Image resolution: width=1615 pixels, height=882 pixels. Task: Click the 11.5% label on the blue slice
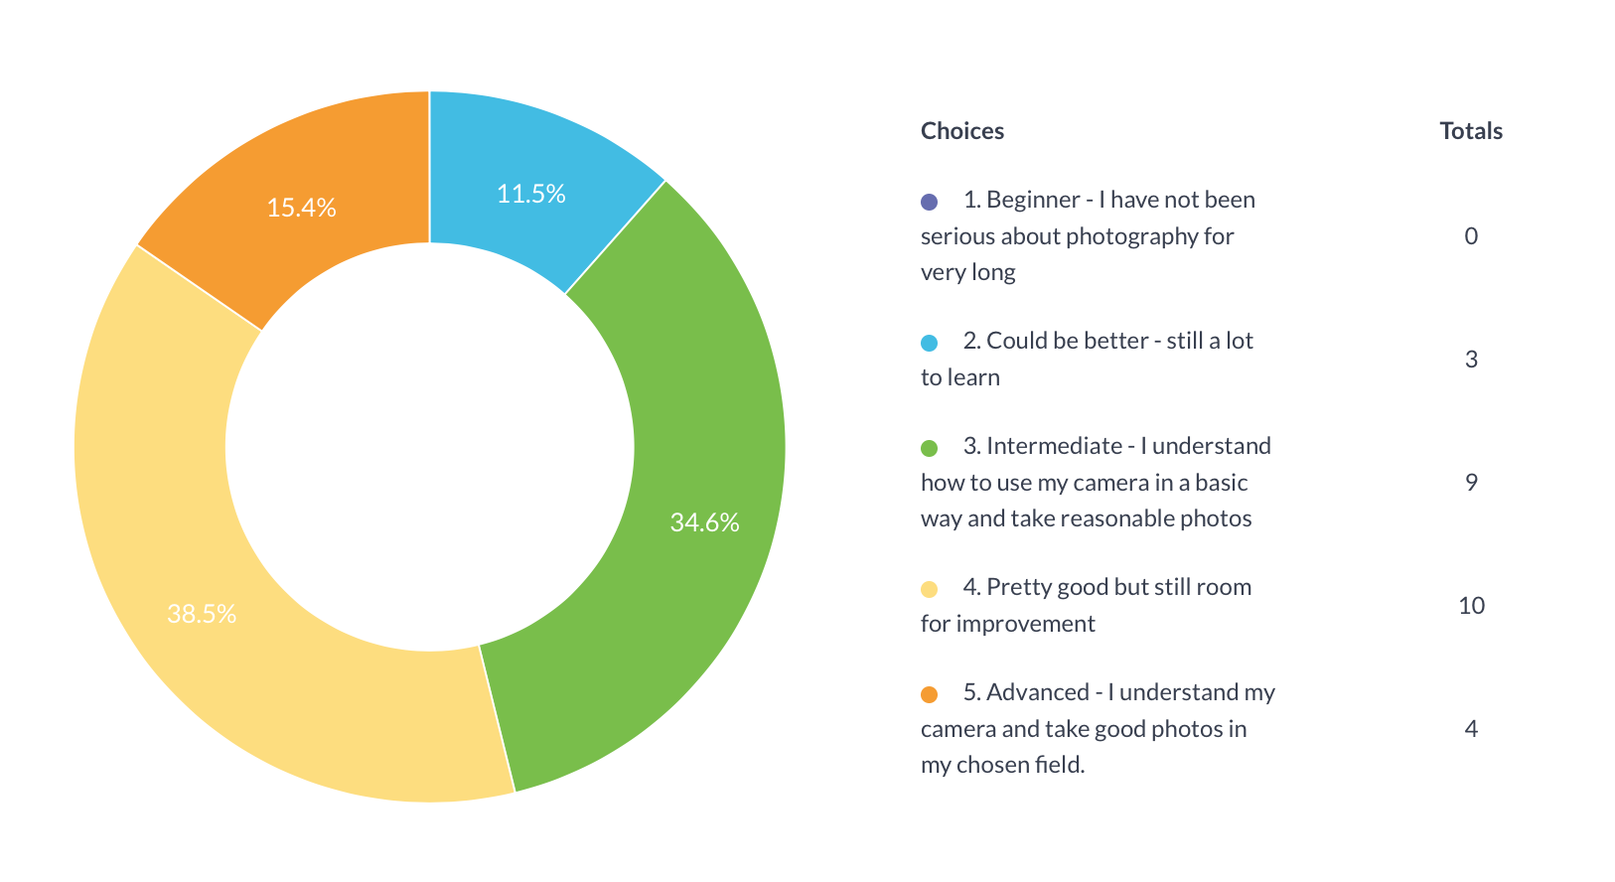pyautogui.click(x=530, y=194)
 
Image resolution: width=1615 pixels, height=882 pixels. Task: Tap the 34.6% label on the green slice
pyautogui.click(x=704, y=522)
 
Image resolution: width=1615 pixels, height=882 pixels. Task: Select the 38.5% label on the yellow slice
pyautogui.click(x=202, y=614)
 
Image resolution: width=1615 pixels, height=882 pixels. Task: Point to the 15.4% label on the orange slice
pyautogui.click(x=301, y=208)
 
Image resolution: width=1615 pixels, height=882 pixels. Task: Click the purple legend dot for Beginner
pyautogui.click(x=930, y=202)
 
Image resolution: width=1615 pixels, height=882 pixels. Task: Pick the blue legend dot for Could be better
pyautogui.click(x=930, y=343)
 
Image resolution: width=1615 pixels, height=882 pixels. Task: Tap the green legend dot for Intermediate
pyautogui.click(x=930, y=448)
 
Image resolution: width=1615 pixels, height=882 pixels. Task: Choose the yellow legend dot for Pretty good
pyautogui.click(x=930, y=589)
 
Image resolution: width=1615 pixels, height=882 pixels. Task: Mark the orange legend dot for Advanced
pyautogui.click(x=930, y=694)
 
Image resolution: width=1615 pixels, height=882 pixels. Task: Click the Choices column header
pyautogui.click(x=961, y=131)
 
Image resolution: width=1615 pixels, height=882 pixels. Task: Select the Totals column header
pyautogui.click(x=1471, y=131)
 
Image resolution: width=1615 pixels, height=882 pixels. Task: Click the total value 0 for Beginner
pyautogui.click(x=1471, y=236)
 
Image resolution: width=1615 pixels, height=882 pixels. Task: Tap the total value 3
pyautogui.click(x=1471, y=360)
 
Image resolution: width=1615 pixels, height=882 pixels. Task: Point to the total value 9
pyautogui.click(x=1471, y=483)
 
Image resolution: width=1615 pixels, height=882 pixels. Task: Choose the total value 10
pyautogui.click(x=1471, y=606)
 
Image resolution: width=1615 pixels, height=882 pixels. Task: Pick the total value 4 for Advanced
pyautogui.click(x=1471, y=729)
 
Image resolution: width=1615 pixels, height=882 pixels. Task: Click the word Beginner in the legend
pyautogui.click(x=1033, y=201)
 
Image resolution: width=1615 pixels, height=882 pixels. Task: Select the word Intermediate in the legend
pyautogui.click(x=1054, y=447)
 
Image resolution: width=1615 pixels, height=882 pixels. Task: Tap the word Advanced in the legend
pyautogui.click(x=1038, y=693)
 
